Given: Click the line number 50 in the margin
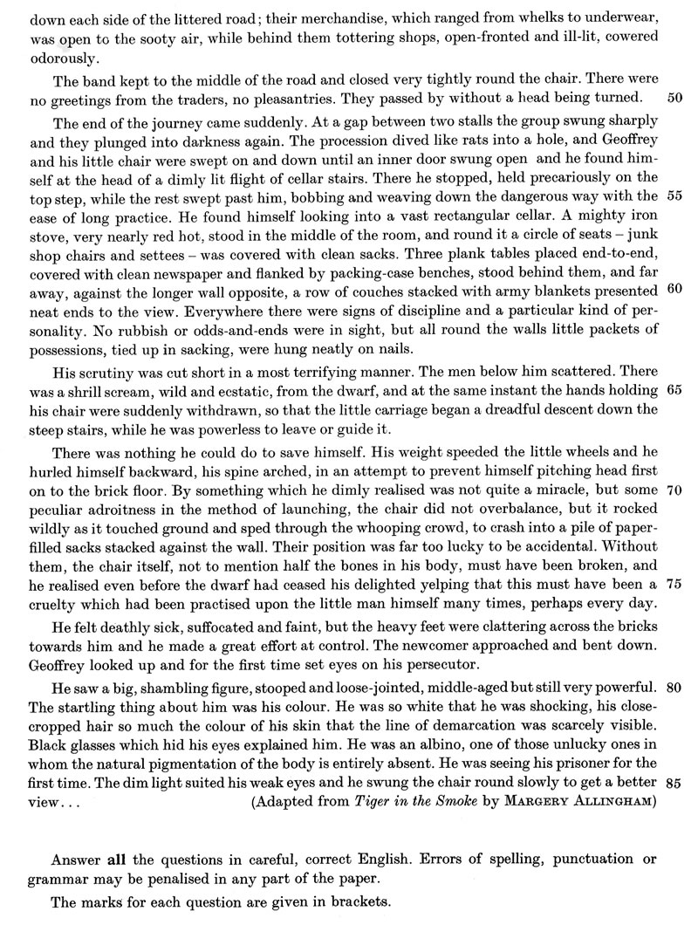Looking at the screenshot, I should pyautogui.click(x=674, y=96).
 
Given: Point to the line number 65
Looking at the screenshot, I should pyautogui.click(x=674, y=388).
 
